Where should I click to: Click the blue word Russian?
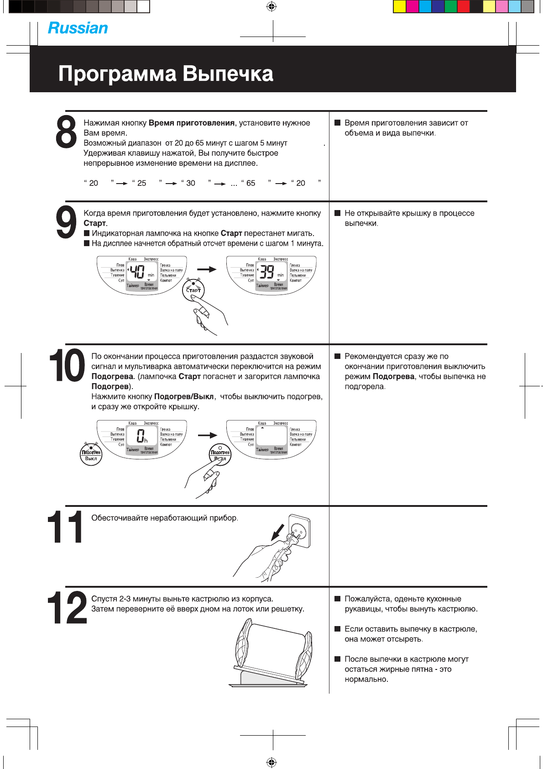pyautogui.click(x=78, y=28)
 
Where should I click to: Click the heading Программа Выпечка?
pyautogui.click(x=166, y=74)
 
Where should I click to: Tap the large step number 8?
pyautogui.click(x=67, y=132)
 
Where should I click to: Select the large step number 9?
pyautogui.click(x=67, y=222)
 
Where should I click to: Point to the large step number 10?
pyautogui.click(x=67, y=365)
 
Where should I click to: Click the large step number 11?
pyautogui.click(x=65, y=527)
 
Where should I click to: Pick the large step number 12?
pyautogui.click(x=67, y=608)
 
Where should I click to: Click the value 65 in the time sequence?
pyautogui.click(x=251, y=183)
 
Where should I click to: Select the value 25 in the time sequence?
pyautogui.click(x=142, y=183)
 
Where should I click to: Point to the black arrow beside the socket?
pyautogui.click(x=277, y=532)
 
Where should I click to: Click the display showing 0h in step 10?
pyautogui.click(x=142, y=437)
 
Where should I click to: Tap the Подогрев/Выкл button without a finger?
pyautogui.click(x=91, y=454)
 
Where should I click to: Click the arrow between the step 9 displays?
pyautogui.click(x=207, y=269)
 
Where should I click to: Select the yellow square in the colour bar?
pyautogui.click(x=399, y=6)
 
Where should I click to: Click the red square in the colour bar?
pyautogui.click(x=463, y=6)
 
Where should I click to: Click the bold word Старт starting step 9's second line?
pyautogui.click(x=94, y=223)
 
